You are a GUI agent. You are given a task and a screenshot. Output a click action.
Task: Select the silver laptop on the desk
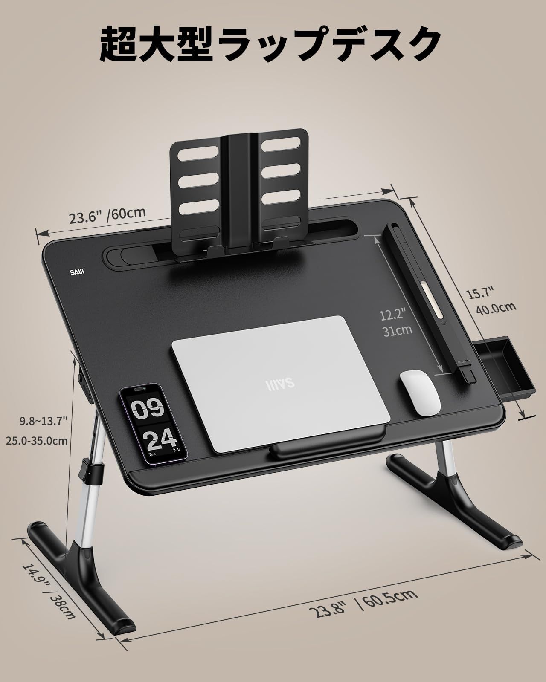pyautogui.click(x=280, y=384)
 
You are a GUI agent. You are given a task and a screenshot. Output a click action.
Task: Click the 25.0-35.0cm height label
pyautogui.click(x=37, y=441)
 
